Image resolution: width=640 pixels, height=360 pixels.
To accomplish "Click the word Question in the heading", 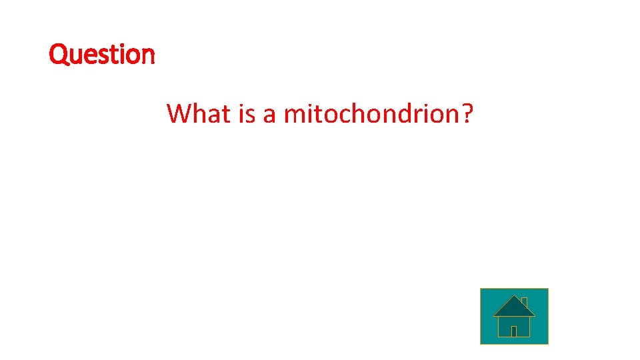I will [102, 54].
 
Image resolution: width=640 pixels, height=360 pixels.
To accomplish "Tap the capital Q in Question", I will [59, 54].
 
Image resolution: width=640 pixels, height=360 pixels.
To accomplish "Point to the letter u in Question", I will [73, 56].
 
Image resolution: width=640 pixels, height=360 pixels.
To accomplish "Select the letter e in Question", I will [87, 56].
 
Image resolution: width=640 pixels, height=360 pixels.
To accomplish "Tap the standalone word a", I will [269, 116].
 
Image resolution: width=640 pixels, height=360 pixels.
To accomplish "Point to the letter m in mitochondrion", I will [294, 116].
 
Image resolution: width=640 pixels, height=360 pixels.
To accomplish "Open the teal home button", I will [514, 316].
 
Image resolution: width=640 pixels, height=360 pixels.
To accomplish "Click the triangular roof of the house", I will [513, 307].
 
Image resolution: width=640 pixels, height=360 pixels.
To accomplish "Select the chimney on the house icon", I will [525, 302].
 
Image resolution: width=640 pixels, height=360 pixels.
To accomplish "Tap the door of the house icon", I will [513, 331].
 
